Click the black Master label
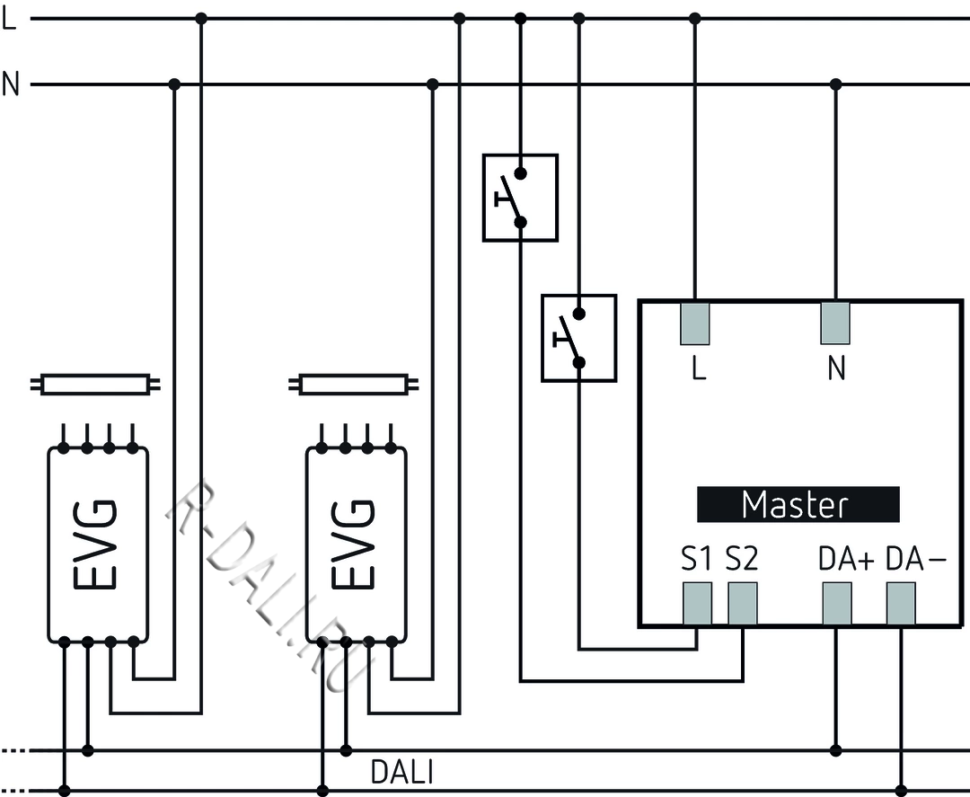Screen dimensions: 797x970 point(798,505)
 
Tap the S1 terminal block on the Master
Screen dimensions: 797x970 point(697,603)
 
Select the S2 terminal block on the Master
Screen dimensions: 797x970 point(743,603)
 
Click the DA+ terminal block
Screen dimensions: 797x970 point(837,603)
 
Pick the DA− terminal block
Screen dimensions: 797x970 point(901,603)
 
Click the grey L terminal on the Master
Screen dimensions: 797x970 point(695,323)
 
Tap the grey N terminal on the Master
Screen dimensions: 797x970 point(835,323)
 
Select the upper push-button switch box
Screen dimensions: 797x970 point(520,197)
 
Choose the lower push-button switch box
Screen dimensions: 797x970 point(579,337)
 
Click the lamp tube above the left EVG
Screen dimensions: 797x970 point(97,385)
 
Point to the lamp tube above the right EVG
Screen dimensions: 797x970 point(356,385)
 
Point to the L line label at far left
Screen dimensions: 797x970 point(10,19)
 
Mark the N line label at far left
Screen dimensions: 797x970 point(11,84)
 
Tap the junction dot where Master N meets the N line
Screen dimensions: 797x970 point(836,84)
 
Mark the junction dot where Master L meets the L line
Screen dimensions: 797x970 point(694,18)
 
